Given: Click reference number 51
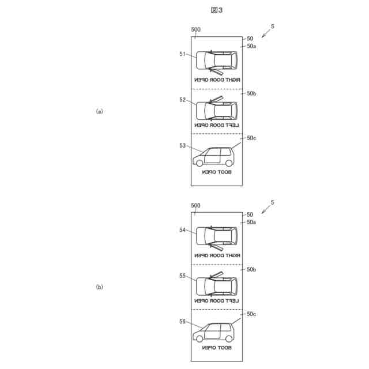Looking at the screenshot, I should (x=182, y=54).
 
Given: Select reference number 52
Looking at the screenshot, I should (x=182, y=100).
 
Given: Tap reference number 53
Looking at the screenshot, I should (x=182, y=146).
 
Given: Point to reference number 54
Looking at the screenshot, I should (x=182, y=229).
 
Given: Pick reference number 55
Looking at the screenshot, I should (x=182, y=276).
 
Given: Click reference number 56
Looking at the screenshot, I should (x=182, y=322).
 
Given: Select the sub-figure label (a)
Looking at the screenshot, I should (x=99, y=111).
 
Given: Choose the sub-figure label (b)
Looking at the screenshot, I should (x=99, y=287).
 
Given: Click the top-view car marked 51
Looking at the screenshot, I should (x=217, y=61).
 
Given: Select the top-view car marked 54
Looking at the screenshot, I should (x=217, y=236).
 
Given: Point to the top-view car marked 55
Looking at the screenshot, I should (x=217, y=285).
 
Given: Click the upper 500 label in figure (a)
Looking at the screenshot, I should (x=195, y=29).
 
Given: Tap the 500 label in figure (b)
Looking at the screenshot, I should (x=195, y=205).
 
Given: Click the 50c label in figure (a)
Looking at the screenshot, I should (x=251, y=138).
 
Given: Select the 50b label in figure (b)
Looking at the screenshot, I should (x=251, y=269).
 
